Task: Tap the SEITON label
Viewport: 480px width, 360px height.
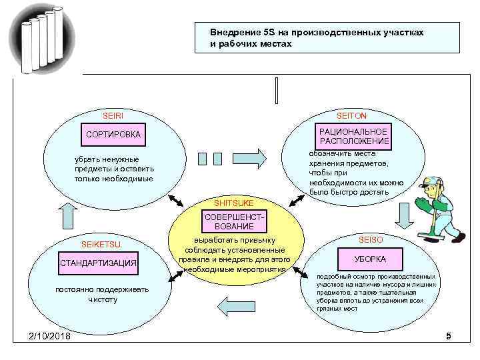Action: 351,116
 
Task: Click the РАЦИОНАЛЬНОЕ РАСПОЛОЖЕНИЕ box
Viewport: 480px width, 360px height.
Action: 353,136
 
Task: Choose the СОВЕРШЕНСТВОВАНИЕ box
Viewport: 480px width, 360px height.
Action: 239,223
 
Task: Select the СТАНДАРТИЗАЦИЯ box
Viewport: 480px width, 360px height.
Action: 99,263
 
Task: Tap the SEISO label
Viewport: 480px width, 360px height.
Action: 371,239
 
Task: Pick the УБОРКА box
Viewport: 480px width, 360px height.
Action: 371,259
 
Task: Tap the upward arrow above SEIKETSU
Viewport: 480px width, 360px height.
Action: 69,215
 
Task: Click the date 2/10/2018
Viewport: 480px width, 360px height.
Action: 50,336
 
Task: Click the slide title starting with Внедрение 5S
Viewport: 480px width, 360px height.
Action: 317,38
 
